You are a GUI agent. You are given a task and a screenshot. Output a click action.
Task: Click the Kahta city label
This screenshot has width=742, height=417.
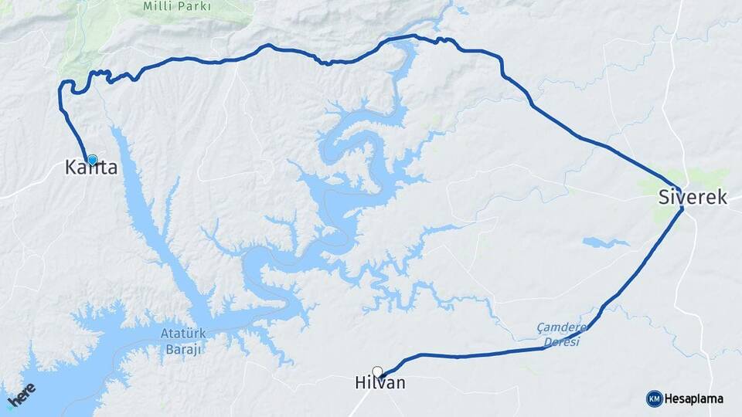[91, 167]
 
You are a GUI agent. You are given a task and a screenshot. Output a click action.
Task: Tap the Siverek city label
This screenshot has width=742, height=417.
[693, 197]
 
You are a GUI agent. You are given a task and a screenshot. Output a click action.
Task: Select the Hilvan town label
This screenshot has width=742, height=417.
[380, 383]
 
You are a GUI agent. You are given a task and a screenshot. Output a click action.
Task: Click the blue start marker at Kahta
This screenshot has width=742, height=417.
[93, 160]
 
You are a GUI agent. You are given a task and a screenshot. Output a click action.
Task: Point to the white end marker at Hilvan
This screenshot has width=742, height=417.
[377, 371]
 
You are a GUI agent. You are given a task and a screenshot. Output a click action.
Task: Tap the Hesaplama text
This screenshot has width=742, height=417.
[694, 398]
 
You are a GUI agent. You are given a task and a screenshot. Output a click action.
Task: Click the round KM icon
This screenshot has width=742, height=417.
[654, 398]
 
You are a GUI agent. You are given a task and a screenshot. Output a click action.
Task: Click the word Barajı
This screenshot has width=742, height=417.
[182, 350]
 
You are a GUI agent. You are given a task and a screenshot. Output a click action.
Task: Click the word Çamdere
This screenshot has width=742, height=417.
[563, 327]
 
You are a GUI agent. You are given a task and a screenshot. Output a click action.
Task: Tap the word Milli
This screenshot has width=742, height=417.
[155, 6]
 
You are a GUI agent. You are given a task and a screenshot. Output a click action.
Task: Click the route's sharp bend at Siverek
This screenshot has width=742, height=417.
[682, 208]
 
